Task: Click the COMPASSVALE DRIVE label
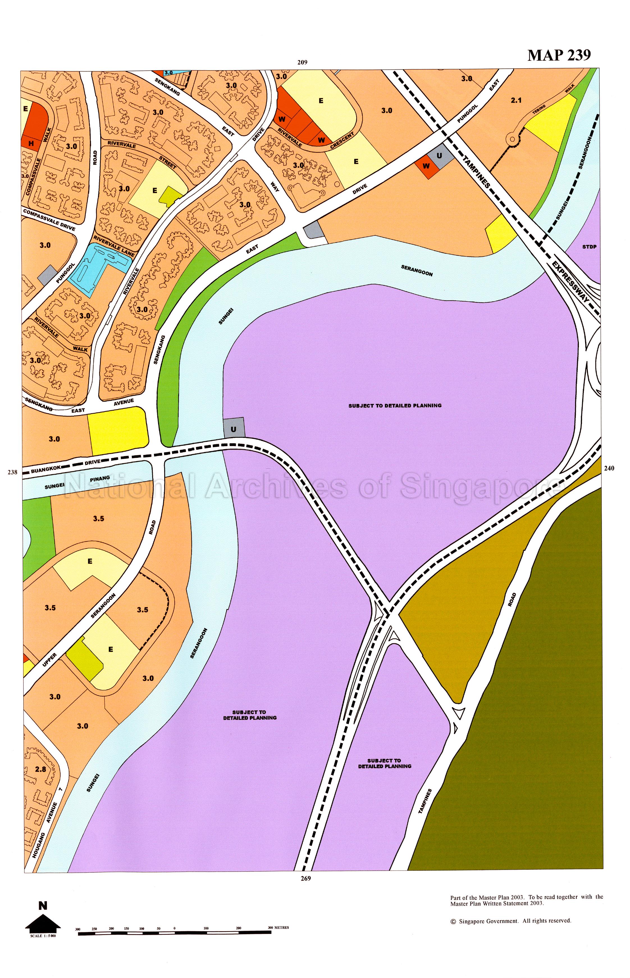click(49, 220)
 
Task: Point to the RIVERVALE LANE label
click(114, 246)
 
